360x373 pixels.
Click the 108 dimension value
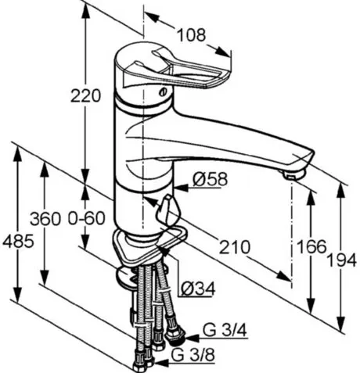pos(192,35)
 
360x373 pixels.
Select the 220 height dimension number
pos(85,95)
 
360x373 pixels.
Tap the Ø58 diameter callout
pos(211,179)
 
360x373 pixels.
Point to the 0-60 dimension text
pos(86,218)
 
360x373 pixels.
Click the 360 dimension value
pos(45,219)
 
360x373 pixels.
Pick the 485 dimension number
pos(18,242)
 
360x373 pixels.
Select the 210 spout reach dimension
pos(234,247)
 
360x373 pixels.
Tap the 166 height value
pos(312,246)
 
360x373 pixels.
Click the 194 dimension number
pos(342,260)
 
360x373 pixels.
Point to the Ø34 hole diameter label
pos(198,289)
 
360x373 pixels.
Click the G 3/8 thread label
pos(193,355)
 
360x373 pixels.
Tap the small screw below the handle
pos(164,91)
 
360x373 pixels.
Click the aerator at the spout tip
pos(293,174)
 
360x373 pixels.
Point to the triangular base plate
pos(149,246)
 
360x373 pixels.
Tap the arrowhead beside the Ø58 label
pos(181,188)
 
